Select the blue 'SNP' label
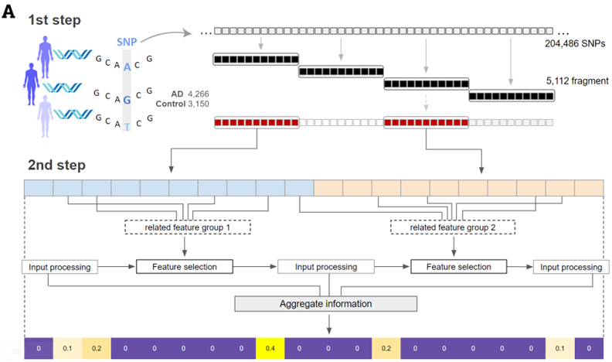coord(127,43)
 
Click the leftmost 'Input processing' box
coord(59,267)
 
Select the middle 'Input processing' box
coord(328,267)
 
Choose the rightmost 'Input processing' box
coord(571,267)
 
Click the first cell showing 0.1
coord(67,348)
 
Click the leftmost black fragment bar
coord(254,59)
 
